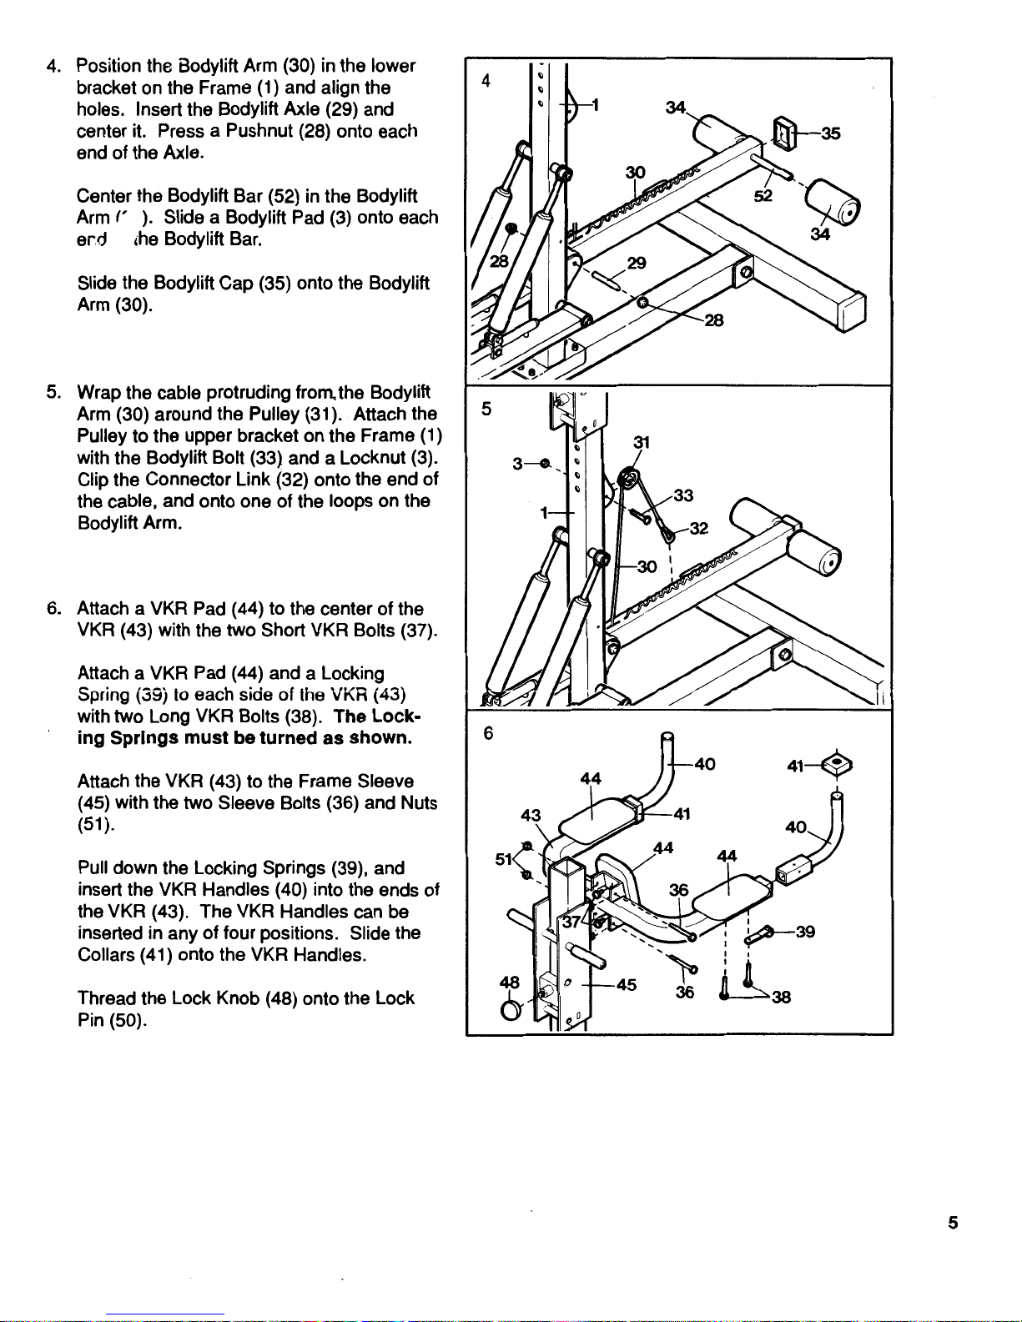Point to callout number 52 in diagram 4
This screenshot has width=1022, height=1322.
click(x=763, y=195)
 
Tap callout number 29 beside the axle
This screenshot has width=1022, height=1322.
click(x=637, y=263)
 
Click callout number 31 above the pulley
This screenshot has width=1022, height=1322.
click(x=642, y=441)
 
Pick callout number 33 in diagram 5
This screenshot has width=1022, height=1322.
click(x=684, y=495)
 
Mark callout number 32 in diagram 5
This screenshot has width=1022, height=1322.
click(x=699, y=528)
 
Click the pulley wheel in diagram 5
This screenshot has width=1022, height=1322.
click(x=625, y=482)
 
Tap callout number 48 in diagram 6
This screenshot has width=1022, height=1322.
click(x=508, y=982)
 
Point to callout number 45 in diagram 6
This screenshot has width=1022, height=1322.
click(x=627, y=985)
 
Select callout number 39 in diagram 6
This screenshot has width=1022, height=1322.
click(x=805, y=932)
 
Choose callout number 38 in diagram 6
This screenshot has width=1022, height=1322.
click(x=782, y=996)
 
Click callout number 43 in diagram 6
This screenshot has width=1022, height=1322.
click(x=531, y=815)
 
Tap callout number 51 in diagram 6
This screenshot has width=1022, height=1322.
click(x=504, y=858)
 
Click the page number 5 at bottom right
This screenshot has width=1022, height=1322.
click(x=952, y=1223)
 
